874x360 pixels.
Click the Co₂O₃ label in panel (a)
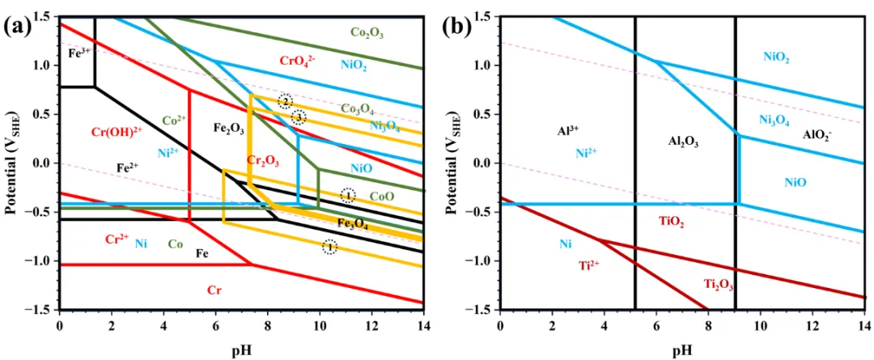point(367,33)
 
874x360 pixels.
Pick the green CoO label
point(381,196)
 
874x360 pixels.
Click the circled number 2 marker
point(285,101)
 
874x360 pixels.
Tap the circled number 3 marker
point(299,117)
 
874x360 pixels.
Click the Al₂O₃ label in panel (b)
point(683,142)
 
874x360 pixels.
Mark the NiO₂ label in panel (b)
point(776,57)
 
